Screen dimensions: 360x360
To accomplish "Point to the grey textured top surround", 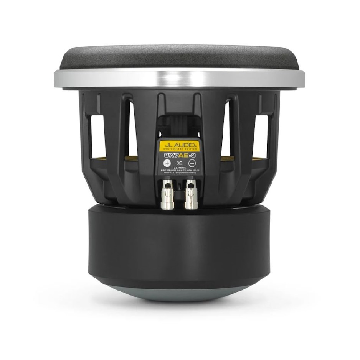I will tap(180, 58).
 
